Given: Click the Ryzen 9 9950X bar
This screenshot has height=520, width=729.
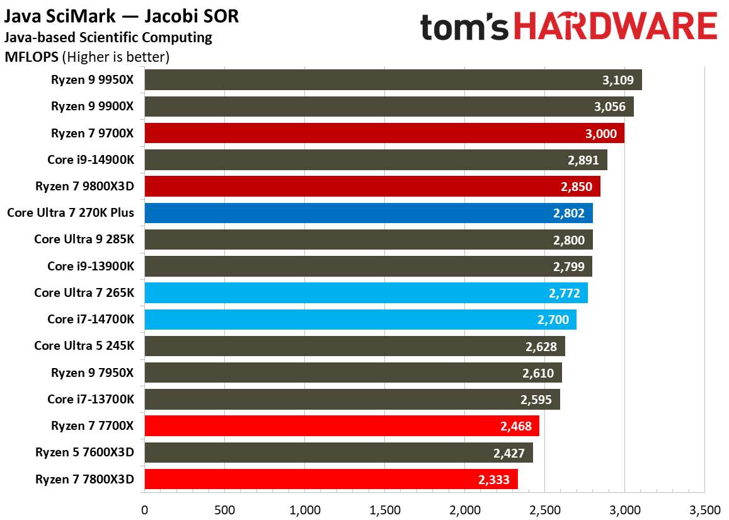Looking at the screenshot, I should (x=393, y=80).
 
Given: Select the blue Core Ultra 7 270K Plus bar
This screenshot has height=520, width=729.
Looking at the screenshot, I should (x=369, y=213).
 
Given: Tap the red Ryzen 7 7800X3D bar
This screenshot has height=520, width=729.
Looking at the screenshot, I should (x=331, y=479).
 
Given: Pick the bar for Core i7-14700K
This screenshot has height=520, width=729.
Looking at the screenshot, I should (x=360, y=320).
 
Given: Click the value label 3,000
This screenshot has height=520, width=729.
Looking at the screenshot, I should (x=602, y=134).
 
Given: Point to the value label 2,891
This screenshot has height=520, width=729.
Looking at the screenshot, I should (x=583, y=160).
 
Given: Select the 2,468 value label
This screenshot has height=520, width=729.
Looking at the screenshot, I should (x=516, y=426).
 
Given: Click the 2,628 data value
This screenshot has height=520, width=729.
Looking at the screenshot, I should (x=541, y=346).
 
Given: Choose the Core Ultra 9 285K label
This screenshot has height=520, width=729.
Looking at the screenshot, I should (x=84, y=240).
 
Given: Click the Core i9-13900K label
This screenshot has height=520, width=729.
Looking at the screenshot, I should (x=91, y=266).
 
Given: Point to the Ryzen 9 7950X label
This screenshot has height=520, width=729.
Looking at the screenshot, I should (x=93, y=373).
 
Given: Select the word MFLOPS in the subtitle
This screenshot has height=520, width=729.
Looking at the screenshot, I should (x=32, y=57).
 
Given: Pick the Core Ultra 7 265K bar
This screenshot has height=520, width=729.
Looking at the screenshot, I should (x=366, y=293).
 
